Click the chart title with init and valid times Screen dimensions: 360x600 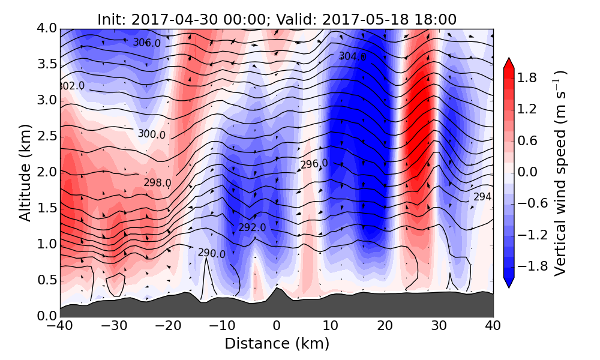pyautogui.click(x=277, y=19)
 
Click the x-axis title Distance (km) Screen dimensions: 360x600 pyautogui.click(x=277, y=344)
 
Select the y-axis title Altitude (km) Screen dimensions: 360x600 pyautogui.click(x=25, y=172)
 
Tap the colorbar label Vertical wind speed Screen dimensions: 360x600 pyautogui.click(x=560, y=173)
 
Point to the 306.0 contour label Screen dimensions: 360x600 pyautogui.click(x=147, y=43)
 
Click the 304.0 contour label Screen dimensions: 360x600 pyautogui.click(x=352, y=56)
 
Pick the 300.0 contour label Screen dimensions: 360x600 pyautogui.click(x=151, y=134)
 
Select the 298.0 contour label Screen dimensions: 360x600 pyautogui.click(x=157, y=182)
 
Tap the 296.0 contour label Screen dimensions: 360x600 pyautogui.click(x=314, y=164)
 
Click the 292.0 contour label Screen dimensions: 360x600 pyautogui.click(x=252, y=228)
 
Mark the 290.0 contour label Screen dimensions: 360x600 pyautogui.click(x=211, y=254)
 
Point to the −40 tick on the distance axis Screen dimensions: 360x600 pyautogui.click(x=60, y=327)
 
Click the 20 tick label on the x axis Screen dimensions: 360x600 pyautogui.click(x=385, y=327)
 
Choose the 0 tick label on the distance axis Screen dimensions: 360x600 pyautogui.click(x=277, y=327)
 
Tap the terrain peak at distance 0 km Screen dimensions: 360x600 pyautogui.click(x=277, y=289)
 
